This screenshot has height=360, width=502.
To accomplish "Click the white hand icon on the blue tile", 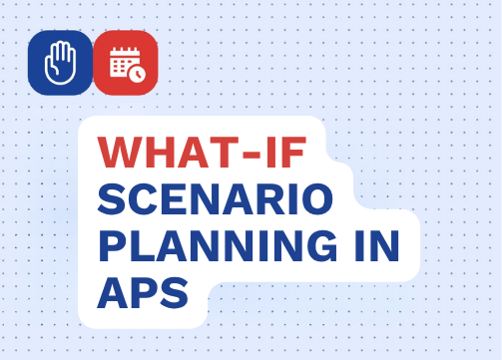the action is click(61, 63).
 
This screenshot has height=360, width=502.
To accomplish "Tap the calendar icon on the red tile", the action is click(128, 64).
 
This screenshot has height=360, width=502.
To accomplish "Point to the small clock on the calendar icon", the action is click(137, 74).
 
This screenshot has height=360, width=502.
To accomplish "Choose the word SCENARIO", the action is click(216, 198).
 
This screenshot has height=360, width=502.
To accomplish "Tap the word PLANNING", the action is click(218, 246).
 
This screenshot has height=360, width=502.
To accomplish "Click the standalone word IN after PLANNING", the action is click(376, 246).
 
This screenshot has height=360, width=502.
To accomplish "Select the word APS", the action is click(143, 293).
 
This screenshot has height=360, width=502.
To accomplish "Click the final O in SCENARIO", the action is click(317, 198).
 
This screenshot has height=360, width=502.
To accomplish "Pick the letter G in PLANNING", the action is click(321, 246).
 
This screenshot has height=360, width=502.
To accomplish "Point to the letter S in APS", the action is click(174, 293).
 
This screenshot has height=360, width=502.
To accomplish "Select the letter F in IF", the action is click(293, 152).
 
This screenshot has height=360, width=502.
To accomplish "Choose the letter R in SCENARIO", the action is click(272, 198).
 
